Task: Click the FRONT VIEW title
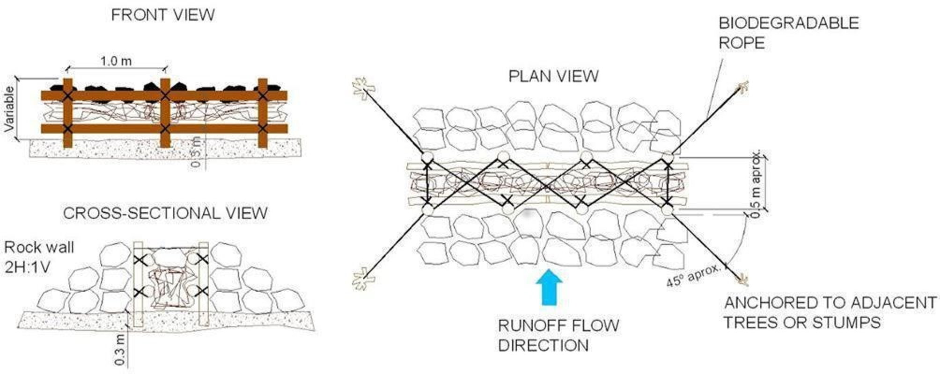[162, 15]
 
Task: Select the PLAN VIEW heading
[553, 76]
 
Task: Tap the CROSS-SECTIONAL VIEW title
[165, 213]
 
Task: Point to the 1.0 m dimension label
[116, 61]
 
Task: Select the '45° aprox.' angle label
[694, 276]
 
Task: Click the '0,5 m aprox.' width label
[755, 183]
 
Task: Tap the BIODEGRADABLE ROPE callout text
[788, 33]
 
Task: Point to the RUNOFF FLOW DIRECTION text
[558, 335]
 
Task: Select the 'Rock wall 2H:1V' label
[38, 258]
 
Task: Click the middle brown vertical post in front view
[165, 112]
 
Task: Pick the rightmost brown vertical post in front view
[263, 112]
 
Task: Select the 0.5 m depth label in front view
[197, 152]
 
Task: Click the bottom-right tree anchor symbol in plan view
[742, 279]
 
